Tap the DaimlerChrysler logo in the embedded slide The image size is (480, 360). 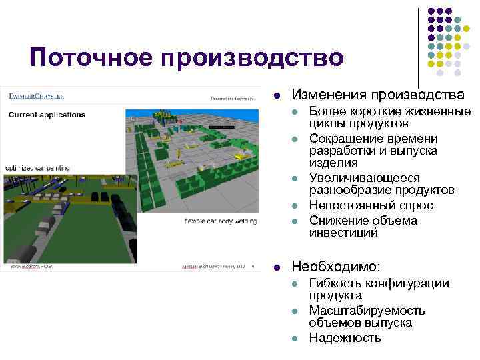pos(37,97)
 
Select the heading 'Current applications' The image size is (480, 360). pos(47,114)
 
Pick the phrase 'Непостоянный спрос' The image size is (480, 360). pos(371,205)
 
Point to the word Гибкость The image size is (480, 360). pos(337,283)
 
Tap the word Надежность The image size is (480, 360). pos(345,338)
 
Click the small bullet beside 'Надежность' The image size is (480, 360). pos(295,339)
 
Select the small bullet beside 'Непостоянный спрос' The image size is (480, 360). pos(295,206)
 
